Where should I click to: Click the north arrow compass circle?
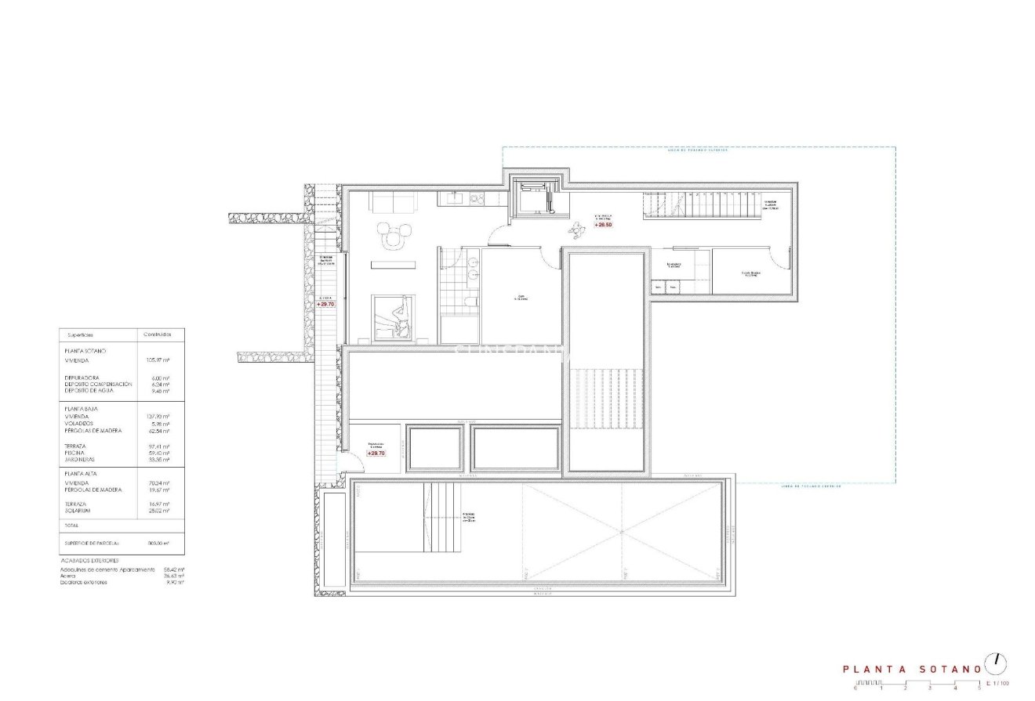pyautogui.click(x=997, y=662)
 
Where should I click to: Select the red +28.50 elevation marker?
pyautogui.click(x=603, y=225)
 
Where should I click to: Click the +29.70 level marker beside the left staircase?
pyautogui.click(x=325, y=304)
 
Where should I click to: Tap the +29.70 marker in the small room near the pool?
pyautogui.click(x=376, y=453)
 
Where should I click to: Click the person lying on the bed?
pyautogui.click(x=397, y=320)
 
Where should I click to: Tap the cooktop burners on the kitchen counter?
pyautogui.click(x=476, y=199)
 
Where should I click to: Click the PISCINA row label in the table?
pyautogui.click(x=76, y=453)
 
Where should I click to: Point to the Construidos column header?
pyautogui.click(x=157, y=334)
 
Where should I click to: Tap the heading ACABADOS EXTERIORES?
pyautogui.click(x=89, y=561)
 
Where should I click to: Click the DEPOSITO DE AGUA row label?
pyautogui.click(x=89, y=390)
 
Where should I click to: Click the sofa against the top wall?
pyautogui.click(x=391, y=201)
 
